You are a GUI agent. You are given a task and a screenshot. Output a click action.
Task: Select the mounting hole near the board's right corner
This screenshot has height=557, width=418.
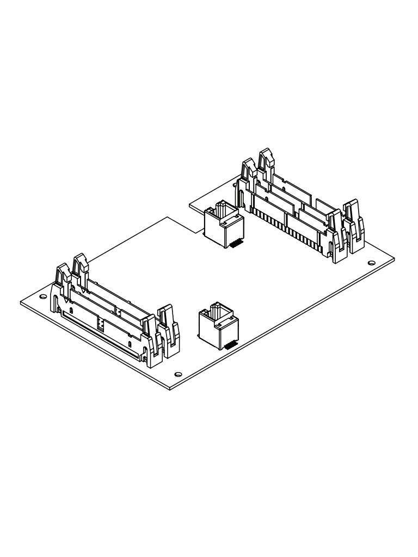click(x=371, y=263)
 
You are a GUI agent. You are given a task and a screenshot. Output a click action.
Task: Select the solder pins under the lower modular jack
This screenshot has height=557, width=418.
click(x=230, y=345)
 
